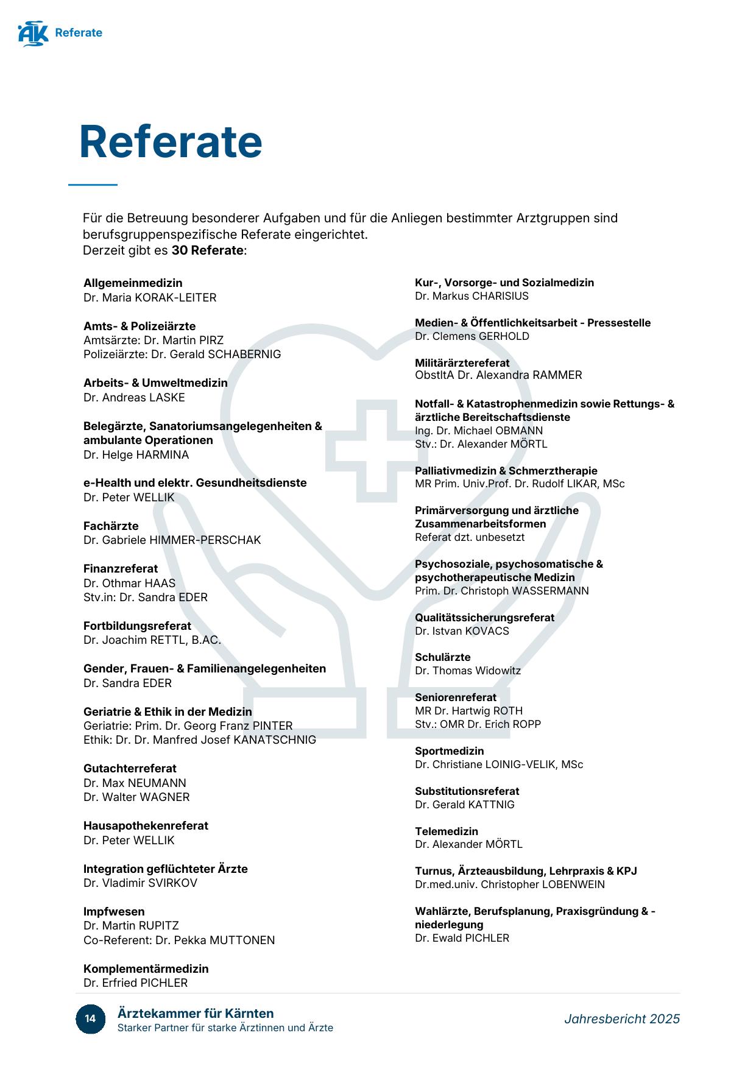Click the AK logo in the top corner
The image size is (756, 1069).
click(33, 34)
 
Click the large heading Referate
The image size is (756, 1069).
click(171, 142)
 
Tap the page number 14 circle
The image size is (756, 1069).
click(90, 1018)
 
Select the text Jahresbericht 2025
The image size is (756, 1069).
click(621, 1018)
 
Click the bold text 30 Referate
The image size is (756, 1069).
click(207, 250)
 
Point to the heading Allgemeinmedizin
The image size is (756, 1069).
click(133, 283)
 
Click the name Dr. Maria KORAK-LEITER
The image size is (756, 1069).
click(150, 297)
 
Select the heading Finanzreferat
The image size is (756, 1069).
click(121, 568)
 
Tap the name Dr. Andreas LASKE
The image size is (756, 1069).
click(134, 397)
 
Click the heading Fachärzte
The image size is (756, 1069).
click(111, 526)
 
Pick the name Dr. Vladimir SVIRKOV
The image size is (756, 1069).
click(140, 883)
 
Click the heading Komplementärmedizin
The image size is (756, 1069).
click(146, 968)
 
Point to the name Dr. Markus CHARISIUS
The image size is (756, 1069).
click(472, 296)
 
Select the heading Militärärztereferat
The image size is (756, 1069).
click(462, 362)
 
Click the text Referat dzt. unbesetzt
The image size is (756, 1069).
click(469, 537)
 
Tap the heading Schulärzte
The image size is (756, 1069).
click(442, 657)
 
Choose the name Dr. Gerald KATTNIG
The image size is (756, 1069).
click(464, 804)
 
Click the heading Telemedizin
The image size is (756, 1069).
click(446, 831)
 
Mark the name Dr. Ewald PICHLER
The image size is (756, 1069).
click(462, 938)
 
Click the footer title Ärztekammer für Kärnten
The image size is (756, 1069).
click(196, 1013)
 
